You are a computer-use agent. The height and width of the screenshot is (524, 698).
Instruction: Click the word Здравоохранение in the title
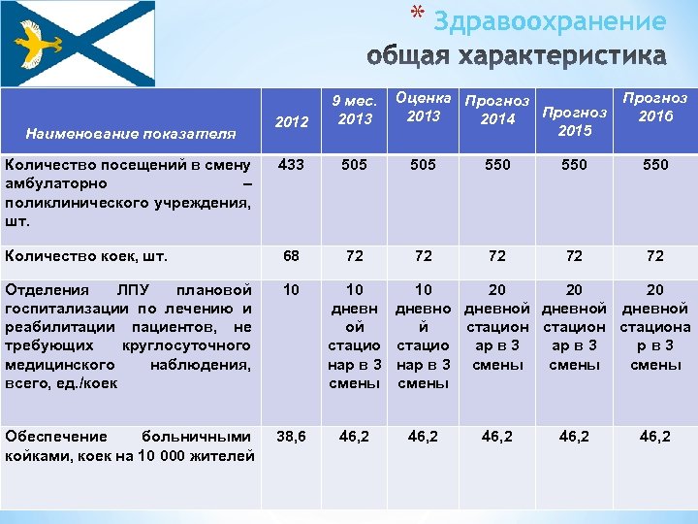[x=550, y=21]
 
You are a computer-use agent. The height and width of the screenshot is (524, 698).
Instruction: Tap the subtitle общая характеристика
[x=518, y=56]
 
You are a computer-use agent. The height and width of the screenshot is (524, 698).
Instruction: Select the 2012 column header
[x=292, y=122]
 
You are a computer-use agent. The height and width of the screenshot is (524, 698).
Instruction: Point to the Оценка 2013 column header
[x=424, y=108]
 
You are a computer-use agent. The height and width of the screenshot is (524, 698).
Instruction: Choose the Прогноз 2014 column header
[x=497, y=110]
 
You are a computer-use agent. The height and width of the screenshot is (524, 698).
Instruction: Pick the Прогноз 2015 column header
[x=575, y=121]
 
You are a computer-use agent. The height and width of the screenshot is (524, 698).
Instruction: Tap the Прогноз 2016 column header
[x=655, y=108]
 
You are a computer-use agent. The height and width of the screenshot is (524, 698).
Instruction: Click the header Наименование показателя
[x=131, y=132]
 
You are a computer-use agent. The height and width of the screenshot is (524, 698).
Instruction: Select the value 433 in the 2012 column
[x=291, y=165]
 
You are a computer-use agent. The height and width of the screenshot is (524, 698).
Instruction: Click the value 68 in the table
[x=291, y=256]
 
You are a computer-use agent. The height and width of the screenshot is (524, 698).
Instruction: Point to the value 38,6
[x=292, y=438]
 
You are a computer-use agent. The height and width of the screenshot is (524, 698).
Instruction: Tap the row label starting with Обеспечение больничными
[x=130, y=446]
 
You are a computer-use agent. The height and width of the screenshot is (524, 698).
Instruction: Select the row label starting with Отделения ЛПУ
[x=130, y=336]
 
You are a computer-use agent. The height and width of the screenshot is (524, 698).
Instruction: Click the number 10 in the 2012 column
[x=291, y=290]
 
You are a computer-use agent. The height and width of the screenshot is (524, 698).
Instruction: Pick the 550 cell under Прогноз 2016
[x=655, y=165]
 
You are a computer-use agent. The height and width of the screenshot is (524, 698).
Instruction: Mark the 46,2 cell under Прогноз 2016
[x=655, y=438]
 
